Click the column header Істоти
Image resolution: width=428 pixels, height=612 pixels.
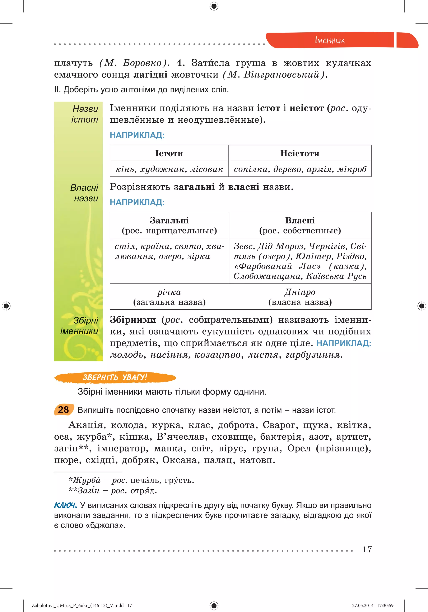point(169,153)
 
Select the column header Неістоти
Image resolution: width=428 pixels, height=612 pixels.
point(300,153)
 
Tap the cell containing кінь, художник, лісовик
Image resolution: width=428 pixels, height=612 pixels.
point(169,169)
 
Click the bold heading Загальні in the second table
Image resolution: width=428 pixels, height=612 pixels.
point(169,221)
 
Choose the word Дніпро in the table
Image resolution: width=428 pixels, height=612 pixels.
point(300,292)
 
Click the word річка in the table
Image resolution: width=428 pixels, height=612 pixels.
point(169,292)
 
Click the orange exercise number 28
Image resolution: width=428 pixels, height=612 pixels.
point(64,410)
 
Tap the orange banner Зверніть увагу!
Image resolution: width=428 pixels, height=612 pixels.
point(115,377)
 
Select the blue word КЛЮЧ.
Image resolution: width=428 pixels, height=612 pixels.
point(65,505)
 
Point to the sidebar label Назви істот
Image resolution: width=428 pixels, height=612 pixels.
point(85,114)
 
